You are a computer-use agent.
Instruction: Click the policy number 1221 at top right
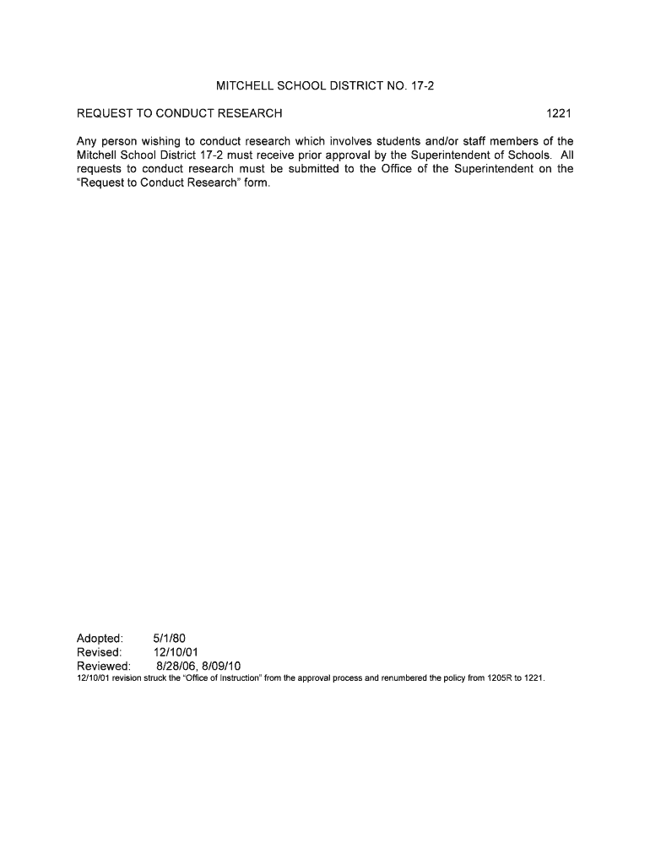click(x=560, y=113)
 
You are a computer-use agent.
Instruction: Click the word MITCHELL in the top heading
click(x=246, y=86)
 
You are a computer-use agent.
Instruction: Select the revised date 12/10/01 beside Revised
click(x=176, y=652)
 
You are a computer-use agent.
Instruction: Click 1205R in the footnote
click(x=500, y=678)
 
